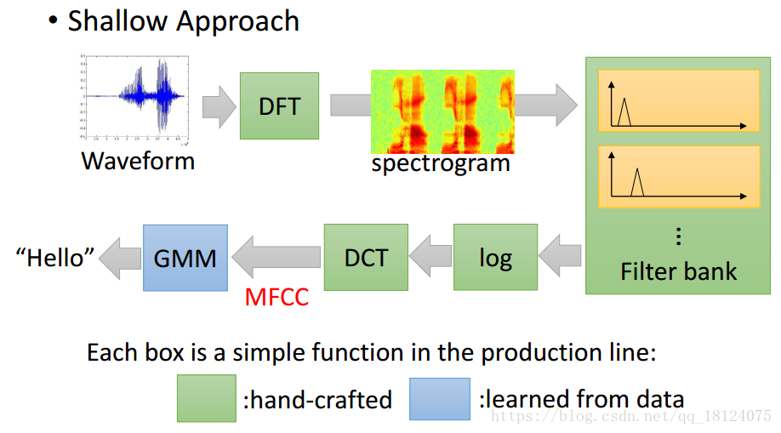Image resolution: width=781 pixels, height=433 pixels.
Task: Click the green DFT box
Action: [x=279, y=105]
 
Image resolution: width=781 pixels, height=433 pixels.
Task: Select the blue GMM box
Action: [x=185, y=257]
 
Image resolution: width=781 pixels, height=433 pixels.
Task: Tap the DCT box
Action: [x=366, y=257]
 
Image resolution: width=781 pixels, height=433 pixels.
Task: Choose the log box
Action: [x=495, y=257]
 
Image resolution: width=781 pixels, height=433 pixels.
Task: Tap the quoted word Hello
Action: [x=55, y=257]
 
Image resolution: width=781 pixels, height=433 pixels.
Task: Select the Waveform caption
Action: [x=138, y=161]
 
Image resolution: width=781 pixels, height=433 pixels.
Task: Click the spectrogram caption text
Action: [x=441, y=162]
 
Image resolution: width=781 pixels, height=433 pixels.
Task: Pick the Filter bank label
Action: [x=678, y=271]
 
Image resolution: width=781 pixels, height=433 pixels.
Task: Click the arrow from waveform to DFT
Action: [x=219, y=106]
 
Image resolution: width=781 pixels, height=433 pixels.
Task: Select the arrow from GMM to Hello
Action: [x=119, y=257]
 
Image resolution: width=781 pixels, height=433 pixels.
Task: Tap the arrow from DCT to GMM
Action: [x=276, y=257]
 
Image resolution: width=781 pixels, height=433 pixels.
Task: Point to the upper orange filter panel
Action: [x=678, y=100]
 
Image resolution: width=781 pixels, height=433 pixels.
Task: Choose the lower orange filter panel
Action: [x=678, y=176]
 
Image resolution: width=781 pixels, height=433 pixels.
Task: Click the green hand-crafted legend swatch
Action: [x=207, y=398]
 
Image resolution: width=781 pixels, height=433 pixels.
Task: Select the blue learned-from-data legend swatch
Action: [x=439, y=398]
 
